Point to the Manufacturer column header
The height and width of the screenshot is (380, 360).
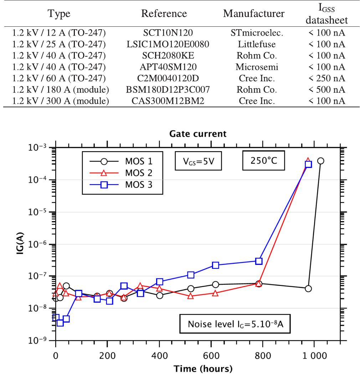point(254,14)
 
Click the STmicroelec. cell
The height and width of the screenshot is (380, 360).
point(254,34)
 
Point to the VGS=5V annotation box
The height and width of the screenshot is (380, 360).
point(196,162)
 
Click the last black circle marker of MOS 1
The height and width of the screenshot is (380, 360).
point(320,161)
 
